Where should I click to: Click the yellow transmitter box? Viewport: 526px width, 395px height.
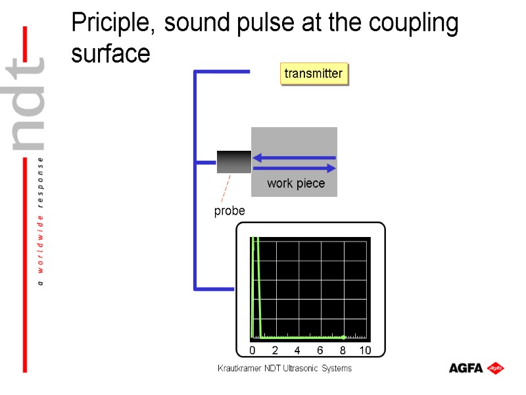314,74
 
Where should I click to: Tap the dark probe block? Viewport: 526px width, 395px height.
234,162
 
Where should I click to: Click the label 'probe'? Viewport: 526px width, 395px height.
229,211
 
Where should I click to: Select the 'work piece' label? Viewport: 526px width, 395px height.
296,184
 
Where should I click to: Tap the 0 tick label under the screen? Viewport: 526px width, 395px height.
252,350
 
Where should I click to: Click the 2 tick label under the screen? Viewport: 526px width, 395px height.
275,350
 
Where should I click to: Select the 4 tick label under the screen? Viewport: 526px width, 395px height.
297,350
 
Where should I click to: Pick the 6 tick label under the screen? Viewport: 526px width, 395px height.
320,350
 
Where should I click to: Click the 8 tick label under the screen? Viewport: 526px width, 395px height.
343,350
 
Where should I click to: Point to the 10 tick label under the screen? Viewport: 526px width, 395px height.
366,350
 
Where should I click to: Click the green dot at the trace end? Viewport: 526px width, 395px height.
343,337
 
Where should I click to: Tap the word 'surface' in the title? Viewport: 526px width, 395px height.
110,54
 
